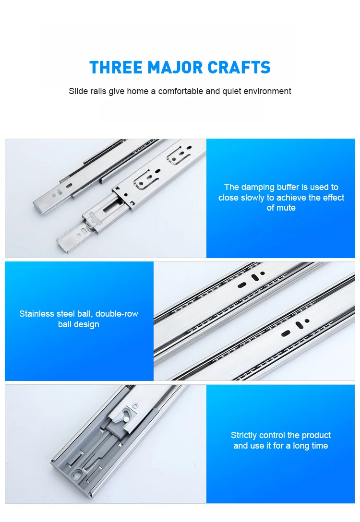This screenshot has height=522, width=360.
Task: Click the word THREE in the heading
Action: [x=116, y=67]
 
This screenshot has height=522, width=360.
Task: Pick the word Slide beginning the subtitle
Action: [x=78, y=91]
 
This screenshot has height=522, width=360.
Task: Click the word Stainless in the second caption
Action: [x=36, y=314]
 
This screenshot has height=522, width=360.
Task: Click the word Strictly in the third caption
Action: [x=244, y=435]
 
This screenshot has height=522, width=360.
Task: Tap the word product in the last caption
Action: [x=316, y=435]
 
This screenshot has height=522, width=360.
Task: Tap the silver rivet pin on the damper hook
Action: [x=124, y=418]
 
